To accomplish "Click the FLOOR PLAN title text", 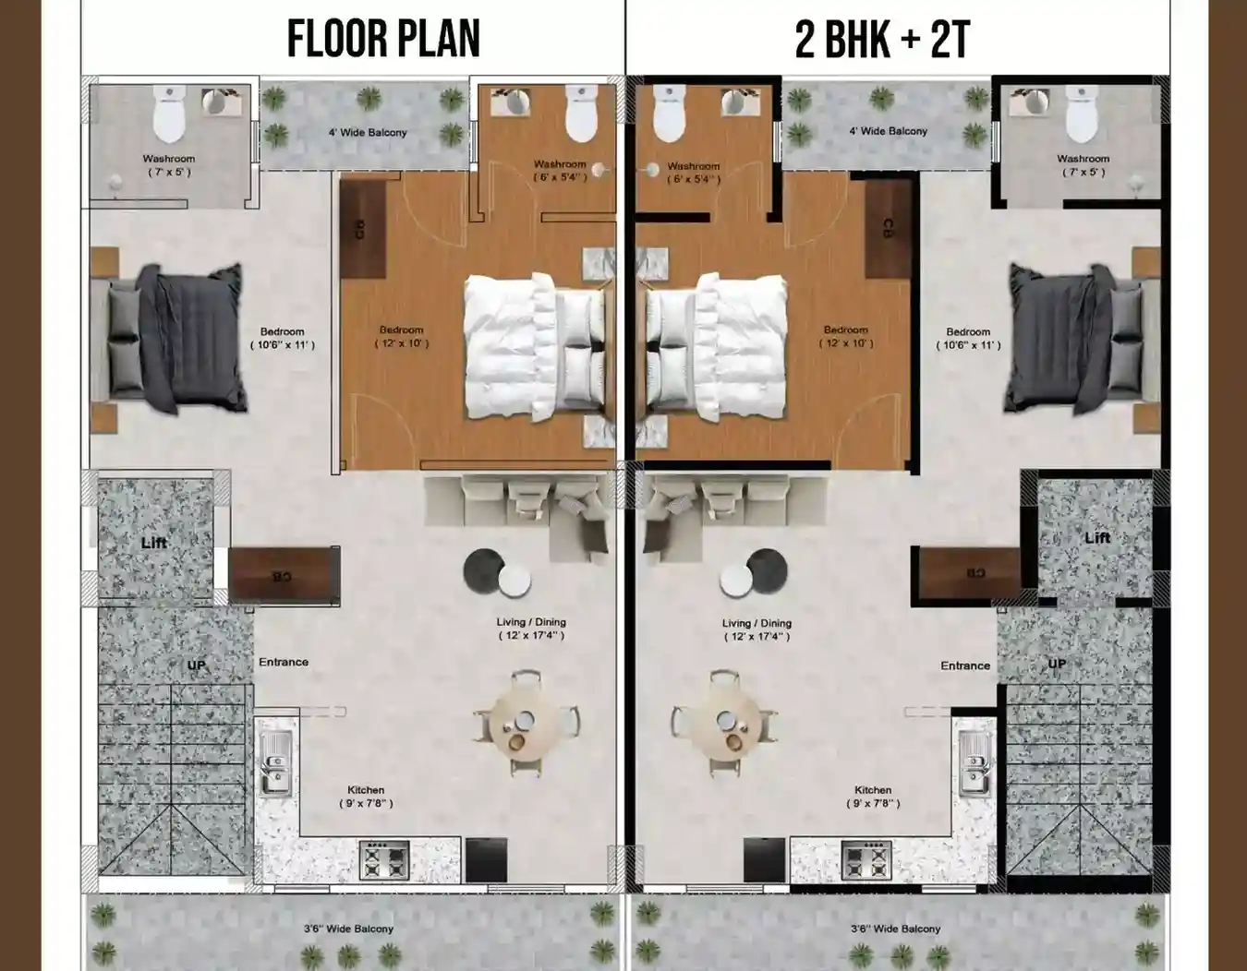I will pos(383,39).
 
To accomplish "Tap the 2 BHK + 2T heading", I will pos(882,39).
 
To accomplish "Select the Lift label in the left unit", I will pos(154,543).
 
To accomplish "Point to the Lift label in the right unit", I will pos(1097,538).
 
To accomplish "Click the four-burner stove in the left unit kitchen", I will pos(384,860).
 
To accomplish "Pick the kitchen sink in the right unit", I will pos(974,762).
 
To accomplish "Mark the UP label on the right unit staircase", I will pos(1058,664).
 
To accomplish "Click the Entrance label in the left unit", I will pos(284,662).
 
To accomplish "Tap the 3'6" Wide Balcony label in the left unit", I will pos(348,929).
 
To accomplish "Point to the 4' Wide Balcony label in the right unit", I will pos(888,131).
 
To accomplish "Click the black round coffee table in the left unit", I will pos(483,566).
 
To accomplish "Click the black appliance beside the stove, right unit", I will pos(764,859).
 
